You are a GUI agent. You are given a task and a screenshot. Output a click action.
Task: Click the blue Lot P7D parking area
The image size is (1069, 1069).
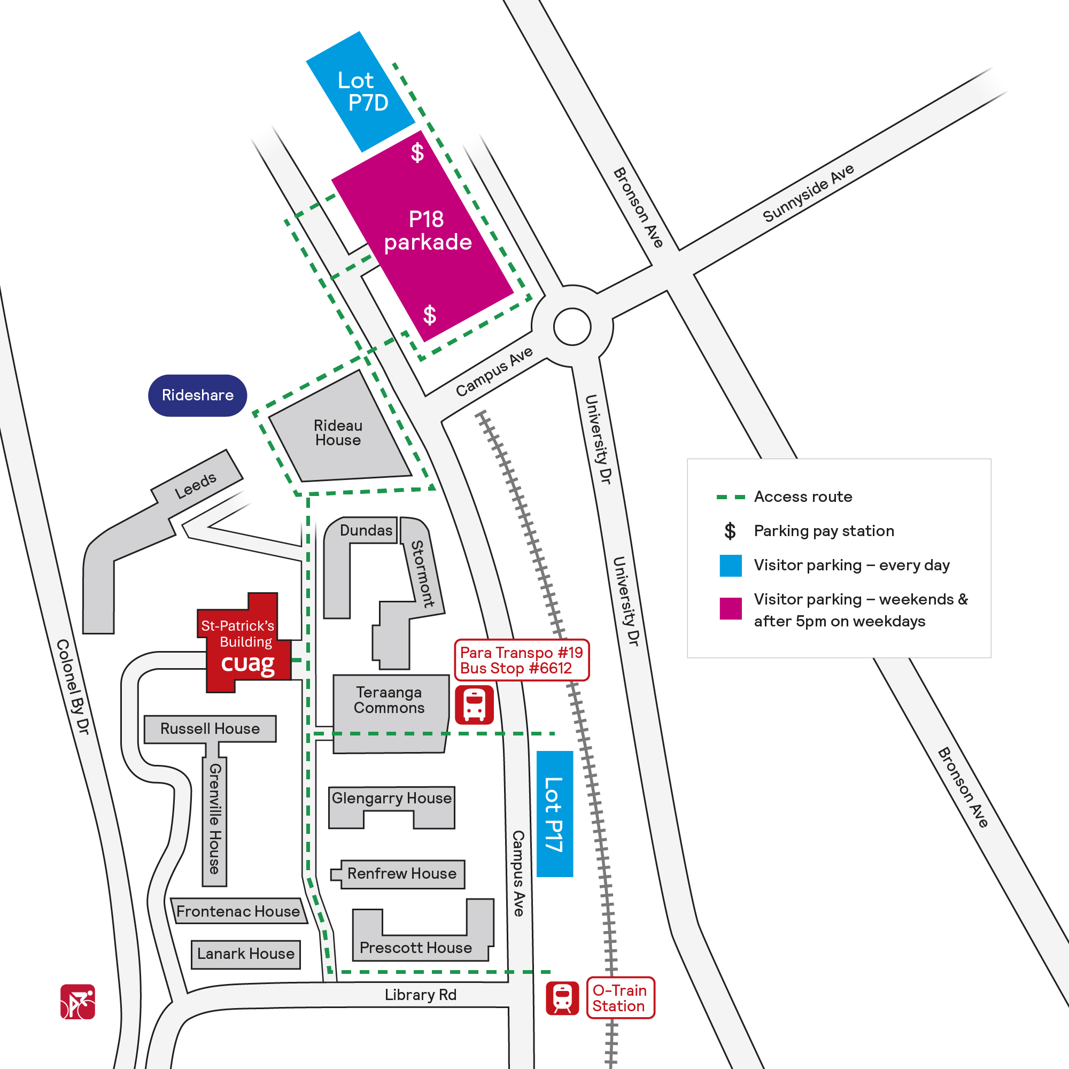[x=361, y=92]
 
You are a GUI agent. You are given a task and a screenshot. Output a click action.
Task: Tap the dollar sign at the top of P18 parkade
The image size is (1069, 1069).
[x=417, y=152]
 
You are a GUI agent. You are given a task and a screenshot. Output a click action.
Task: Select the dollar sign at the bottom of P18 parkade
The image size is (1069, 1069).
[x=429, y=315]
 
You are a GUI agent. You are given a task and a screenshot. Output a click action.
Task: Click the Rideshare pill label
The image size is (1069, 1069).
[x=198, y=396]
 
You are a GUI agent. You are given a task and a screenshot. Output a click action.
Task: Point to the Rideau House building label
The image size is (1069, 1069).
[x=338, y=433]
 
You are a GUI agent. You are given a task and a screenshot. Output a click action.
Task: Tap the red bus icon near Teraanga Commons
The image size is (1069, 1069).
[x=474, y=705]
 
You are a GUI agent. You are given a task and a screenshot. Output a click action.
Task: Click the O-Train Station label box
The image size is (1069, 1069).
[x=620, y=997]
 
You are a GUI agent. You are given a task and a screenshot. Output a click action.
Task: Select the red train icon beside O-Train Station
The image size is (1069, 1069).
[x=562, y=998]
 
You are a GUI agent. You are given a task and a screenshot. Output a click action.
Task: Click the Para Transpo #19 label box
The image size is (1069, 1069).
[x=522, y=660]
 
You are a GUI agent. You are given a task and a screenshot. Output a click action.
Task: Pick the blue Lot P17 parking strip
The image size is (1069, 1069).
[x=555, y=814]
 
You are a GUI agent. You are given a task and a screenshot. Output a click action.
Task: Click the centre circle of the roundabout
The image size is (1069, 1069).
[x=572, y=327]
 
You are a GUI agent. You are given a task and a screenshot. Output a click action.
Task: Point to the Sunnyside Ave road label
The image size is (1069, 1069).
[x=808, y=193]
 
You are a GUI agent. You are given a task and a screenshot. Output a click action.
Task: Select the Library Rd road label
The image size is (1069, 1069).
[x=421, y=995]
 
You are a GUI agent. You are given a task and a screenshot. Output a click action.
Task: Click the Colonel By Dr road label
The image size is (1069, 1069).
[x=73, y=687]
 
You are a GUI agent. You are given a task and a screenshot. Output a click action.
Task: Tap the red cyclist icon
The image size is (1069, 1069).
[x=78, y=1002]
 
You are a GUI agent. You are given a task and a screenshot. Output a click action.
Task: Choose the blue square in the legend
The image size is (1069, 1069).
[x=730, y=566]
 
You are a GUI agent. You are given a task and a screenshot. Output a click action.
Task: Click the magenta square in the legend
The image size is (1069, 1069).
[x=730, y=609]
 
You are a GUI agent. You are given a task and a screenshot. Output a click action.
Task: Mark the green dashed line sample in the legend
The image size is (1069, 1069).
[x=730, y=498]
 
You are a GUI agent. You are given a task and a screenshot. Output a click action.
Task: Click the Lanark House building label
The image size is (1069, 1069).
[x=246, y=954]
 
